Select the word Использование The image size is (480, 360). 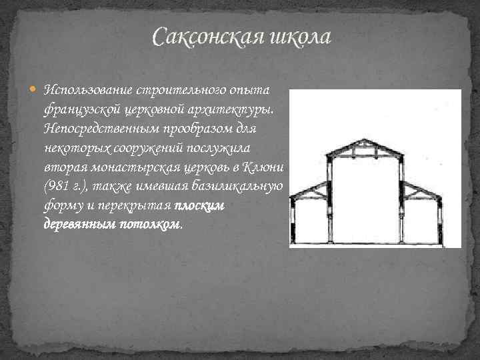88,90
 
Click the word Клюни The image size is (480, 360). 266,165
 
